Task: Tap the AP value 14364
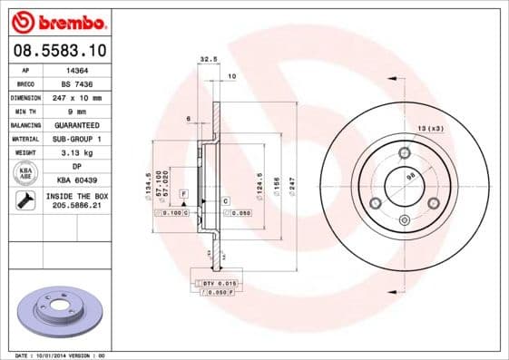pyautogui.click(x=75, y=68)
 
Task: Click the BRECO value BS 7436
pyautogui.click(x=75, y=82)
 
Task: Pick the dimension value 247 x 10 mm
pyautogui.click(x=75, y=96)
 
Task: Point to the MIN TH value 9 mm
pyautogui.click(x=75, y=110)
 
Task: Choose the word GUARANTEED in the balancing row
pyautogui.click(x=75, y=124)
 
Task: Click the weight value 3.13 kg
pyautogui.click(x=75, y=152)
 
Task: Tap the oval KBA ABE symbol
pyautogui.click(x=25, y=173)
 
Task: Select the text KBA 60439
pyautogui.click(x=75, y=180)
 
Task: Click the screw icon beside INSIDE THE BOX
pyautogui.click(x=25, y=200)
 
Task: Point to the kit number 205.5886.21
pyautogui.click(x=75, y=206)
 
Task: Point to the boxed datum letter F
pyautogui.click(x=183, y=194)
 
